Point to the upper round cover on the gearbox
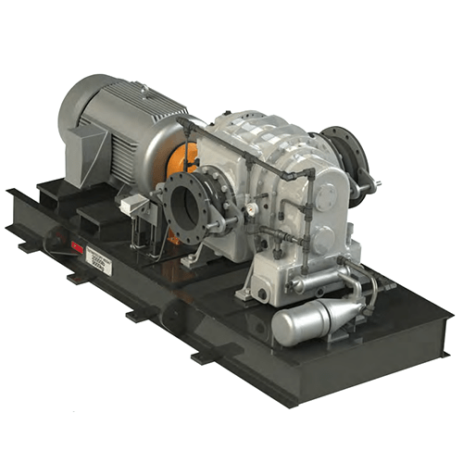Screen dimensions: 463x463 click(x=327, y=195)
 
